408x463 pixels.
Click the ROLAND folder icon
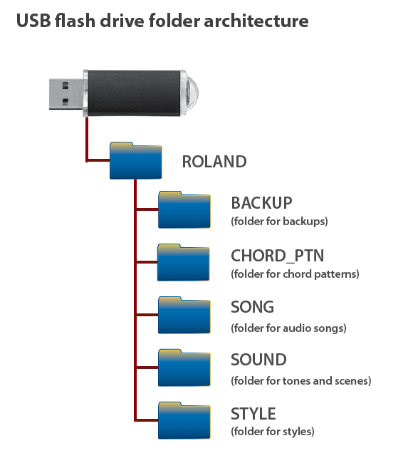pos(136,161)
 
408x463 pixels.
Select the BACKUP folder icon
pos(184,209)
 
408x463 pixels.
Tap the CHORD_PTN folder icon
pos(183,262)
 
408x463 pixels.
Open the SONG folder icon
pos(184,315)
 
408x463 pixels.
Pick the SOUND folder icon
pos(184,368)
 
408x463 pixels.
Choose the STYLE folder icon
pos(184,420)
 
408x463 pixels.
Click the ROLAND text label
pos(214,162)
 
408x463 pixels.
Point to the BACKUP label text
pos(261,203)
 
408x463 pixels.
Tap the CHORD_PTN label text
pos(278,256)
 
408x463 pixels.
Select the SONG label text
pos(252,307)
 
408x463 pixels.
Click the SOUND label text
pos(258,360)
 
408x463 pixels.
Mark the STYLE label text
pos(253,414)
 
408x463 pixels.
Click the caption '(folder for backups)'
pos(280,221)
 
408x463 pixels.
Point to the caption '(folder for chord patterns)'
pos(295,274)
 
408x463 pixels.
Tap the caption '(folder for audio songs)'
pos(288,328)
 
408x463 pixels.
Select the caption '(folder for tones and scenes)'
pos(301,380)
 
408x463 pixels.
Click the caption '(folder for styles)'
pos(273,432)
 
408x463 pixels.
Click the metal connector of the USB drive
pos(66,94)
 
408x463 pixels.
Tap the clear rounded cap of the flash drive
pos(189,93)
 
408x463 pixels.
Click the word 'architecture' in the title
pos(256,21)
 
